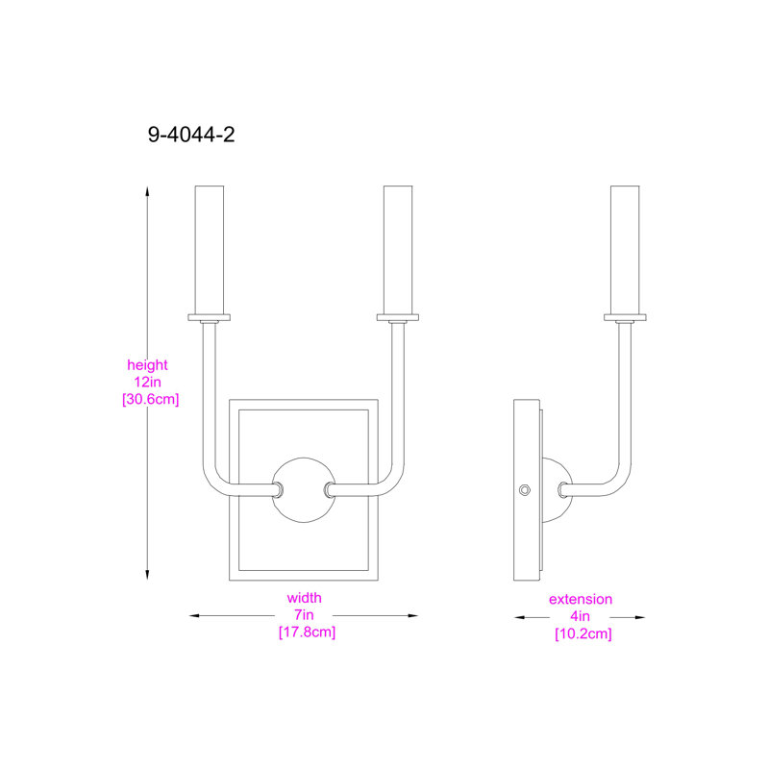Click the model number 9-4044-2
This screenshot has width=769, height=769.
191,135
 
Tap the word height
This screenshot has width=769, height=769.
147,365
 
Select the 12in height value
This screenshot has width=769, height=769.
148,382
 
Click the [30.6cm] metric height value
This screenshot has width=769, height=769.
151,399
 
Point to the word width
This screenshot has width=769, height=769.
304,598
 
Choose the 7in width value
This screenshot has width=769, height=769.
304,614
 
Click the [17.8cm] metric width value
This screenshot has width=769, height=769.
307,632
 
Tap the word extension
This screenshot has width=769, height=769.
581,599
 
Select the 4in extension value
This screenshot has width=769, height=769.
581,616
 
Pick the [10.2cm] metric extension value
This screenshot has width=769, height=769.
583,633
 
